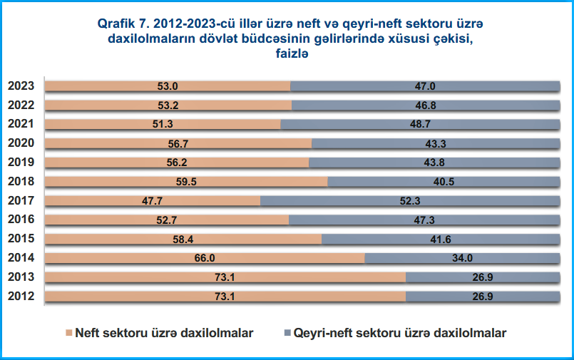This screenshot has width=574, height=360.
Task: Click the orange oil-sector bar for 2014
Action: pos(205,257)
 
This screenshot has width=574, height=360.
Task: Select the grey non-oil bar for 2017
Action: pos(409,200)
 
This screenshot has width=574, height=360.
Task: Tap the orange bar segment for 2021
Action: pos(163,124)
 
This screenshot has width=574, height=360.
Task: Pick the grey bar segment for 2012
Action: pos(482,296)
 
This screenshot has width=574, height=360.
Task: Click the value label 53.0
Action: pos(168,86)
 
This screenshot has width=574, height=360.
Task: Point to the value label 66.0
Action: pos(205,258)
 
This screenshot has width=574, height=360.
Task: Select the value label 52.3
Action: pos(409,201)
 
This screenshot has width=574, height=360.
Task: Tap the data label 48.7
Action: pos(420,125)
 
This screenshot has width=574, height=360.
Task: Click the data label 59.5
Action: pos(186,182)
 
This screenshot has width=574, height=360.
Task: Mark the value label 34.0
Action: pos(461,258)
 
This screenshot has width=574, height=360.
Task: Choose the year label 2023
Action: pos(21,86)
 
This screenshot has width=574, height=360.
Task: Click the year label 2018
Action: pos(21,182)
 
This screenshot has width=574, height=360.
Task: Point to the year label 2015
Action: pos(21,239)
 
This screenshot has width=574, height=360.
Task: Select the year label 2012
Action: pos(21,296)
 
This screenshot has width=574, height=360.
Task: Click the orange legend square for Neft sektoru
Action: pos(69,333)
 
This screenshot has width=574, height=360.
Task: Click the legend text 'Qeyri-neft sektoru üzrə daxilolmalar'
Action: pos(400,333)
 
